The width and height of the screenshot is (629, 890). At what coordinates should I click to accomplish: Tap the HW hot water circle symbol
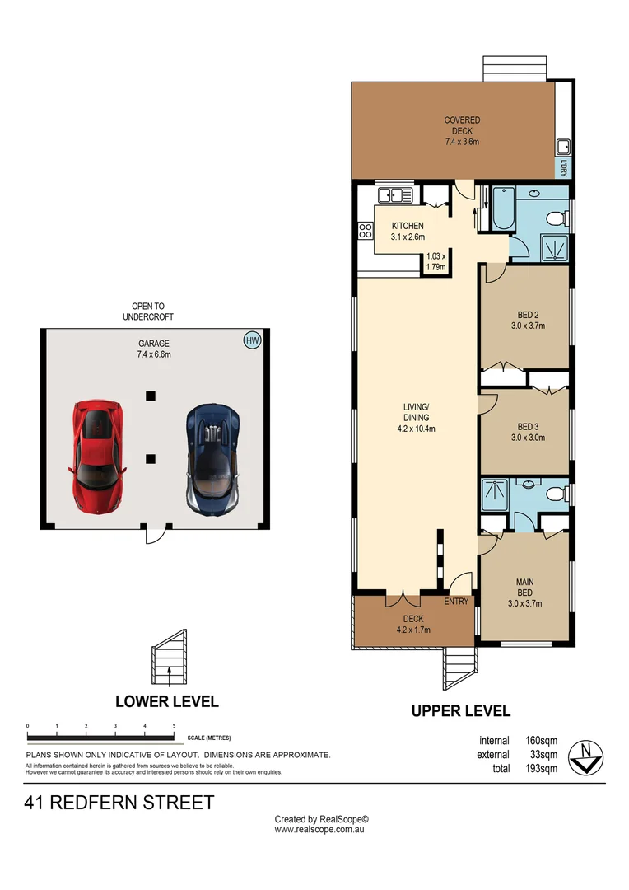click(251, 340)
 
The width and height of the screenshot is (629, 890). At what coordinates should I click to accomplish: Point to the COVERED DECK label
click(462, 131)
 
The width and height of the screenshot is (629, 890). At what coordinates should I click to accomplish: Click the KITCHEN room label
click(408, 232)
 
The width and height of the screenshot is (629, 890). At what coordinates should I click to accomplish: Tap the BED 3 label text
click(528, 432)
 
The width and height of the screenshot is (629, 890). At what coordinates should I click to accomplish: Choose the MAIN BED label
click(525, 593)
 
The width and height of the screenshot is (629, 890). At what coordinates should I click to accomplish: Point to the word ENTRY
click(456, 602)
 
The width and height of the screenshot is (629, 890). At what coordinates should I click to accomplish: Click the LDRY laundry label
click(565, 167)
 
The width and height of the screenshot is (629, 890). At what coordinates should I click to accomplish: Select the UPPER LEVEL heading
click(461, 710)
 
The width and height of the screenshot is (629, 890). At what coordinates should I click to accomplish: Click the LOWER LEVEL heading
click(167, 701)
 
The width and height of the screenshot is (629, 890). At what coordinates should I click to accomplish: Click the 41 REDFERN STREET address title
click(119, 802)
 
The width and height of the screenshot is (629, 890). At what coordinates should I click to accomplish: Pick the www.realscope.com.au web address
click(319, 830)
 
